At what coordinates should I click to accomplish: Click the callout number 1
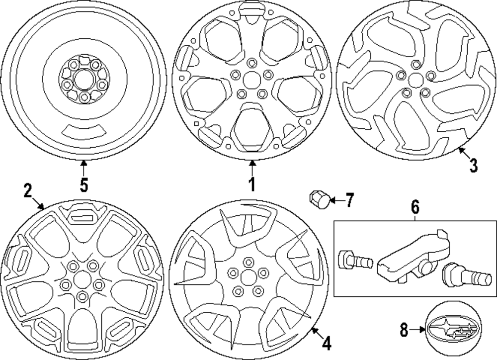252,184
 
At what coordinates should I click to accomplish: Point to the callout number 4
326,343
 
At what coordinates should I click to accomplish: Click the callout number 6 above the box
415,205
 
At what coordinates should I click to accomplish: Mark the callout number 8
405,329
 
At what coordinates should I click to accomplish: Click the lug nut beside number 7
318,199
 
